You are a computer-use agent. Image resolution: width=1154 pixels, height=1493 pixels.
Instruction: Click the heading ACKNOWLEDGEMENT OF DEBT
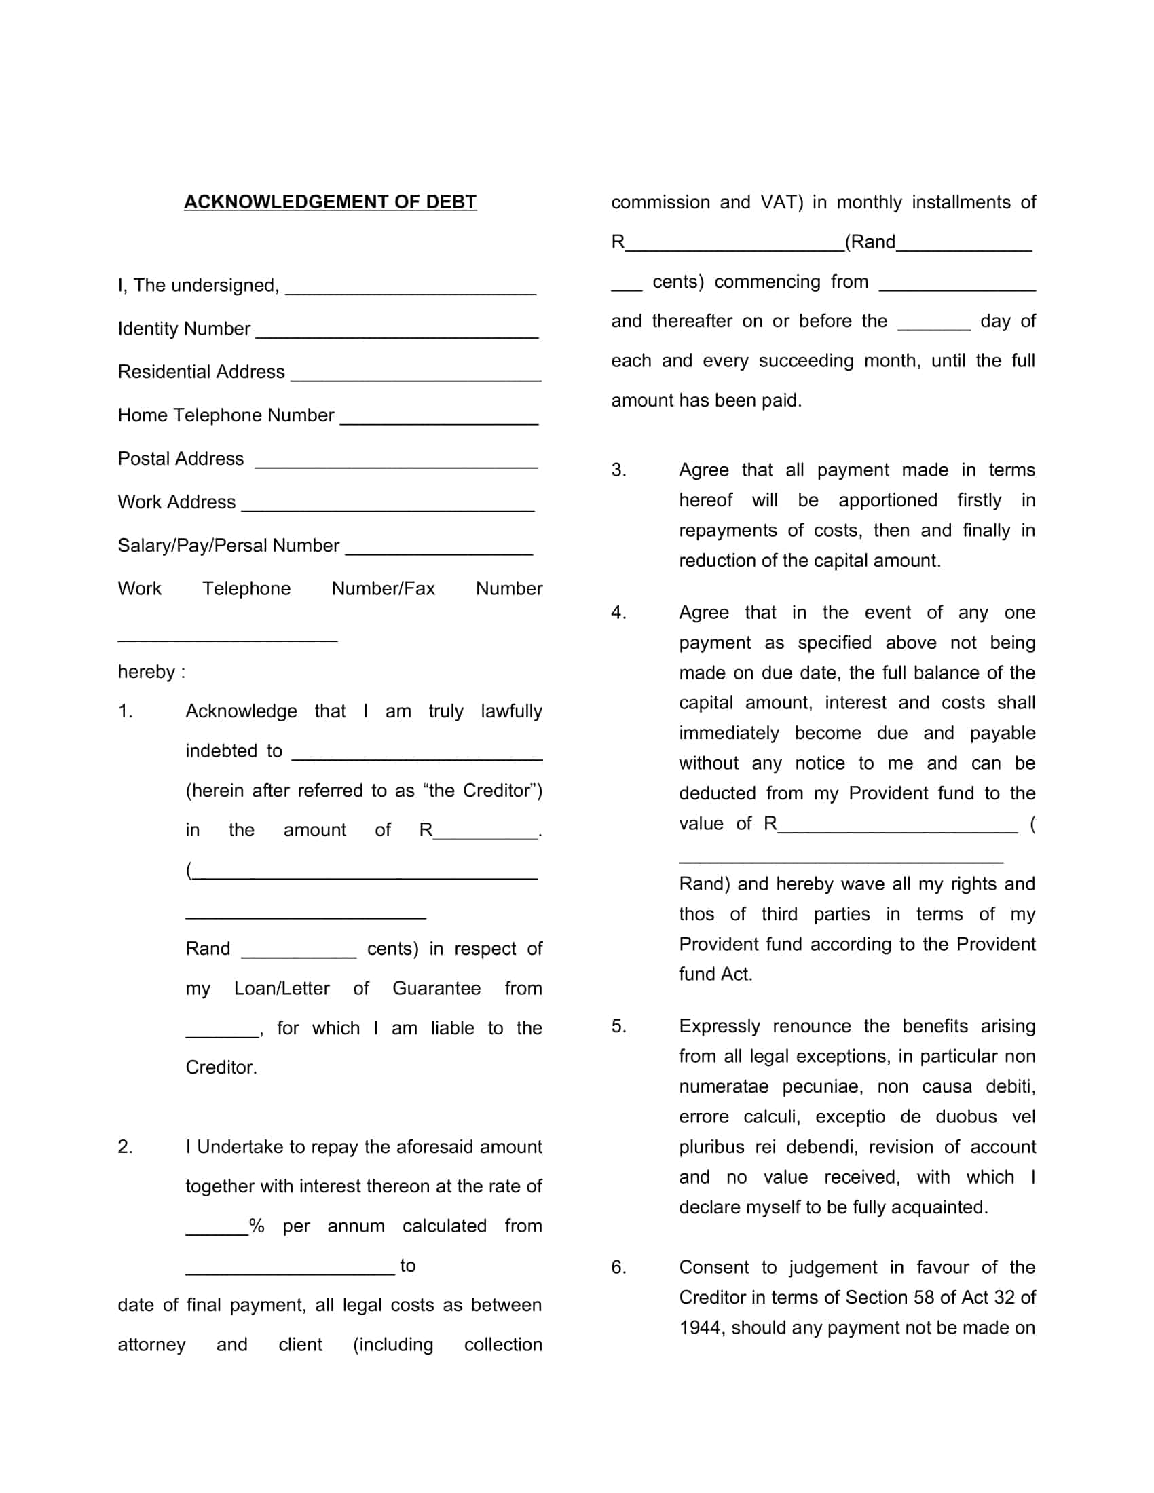[330, 202]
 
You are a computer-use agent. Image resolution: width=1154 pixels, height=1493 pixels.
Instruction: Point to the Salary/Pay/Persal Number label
[228, 546]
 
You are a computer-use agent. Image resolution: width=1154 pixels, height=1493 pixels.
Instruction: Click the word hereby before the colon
[147, 672]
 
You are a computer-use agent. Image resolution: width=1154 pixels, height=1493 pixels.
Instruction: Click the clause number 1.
[125, 712]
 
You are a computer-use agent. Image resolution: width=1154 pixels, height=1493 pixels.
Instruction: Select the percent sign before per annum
[257, 1226]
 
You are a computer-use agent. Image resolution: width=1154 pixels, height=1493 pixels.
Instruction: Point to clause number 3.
[618, 470]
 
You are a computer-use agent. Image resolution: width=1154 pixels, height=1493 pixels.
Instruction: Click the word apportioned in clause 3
[887, 500]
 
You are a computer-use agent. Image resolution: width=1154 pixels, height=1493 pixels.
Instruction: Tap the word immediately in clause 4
[728, 734]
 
